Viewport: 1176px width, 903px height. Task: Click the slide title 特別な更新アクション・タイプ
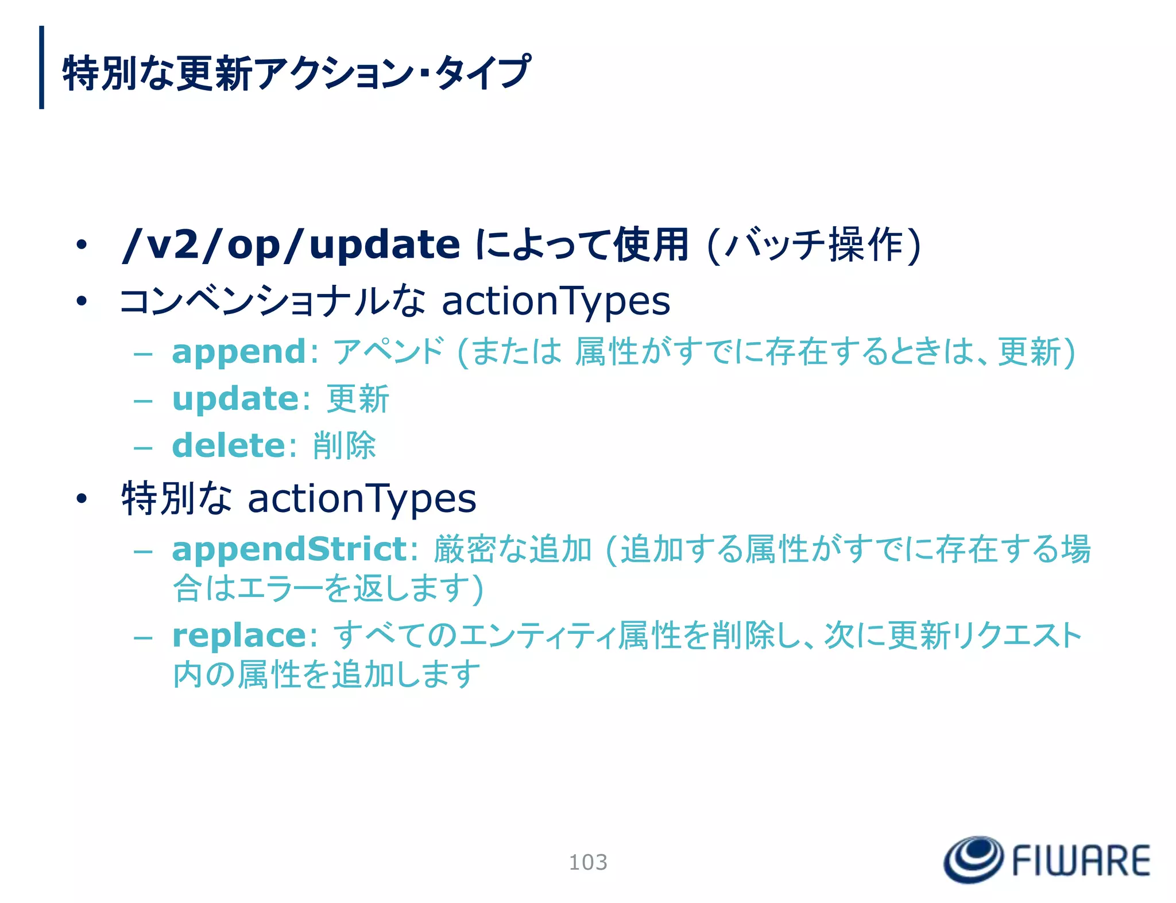[x=296, y=73]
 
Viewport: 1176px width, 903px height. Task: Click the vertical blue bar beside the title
[x=41, y=67]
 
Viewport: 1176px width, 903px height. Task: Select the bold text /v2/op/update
[x=291, y=245]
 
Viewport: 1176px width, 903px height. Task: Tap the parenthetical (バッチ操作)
[x=814, y=245]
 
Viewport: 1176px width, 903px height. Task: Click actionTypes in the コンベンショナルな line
[x=555, y=301]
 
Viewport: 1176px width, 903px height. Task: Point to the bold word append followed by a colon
[x=239, y=352]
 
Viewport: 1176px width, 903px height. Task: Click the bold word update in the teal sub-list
[x=235, y=399]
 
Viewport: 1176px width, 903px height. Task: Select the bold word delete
[x=229, y=445]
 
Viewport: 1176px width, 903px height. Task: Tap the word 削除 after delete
[x=345, y=445]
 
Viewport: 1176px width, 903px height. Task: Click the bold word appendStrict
[x=289, y=549]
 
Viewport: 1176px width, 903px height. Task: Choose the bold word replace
[x=239, y=635]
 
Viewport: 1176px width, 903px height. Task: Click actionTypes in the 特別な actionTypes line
[x=362, y=498]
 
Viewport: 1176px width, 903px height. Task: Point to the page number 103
[x=587, y=862]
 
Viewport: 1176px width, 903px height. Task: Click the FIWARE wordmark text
[x=1081, y=861]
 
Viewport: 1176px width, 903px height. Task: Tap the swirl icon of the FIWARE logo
[x=973, y=859]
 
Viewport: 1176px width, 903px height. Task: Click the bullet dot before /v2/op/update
[x=82, y=245]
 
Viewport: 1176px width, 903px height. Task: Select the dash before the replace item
[x=142, y=637]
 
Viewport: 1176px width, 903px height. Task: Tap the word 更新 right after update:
[x=358, y=399]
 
